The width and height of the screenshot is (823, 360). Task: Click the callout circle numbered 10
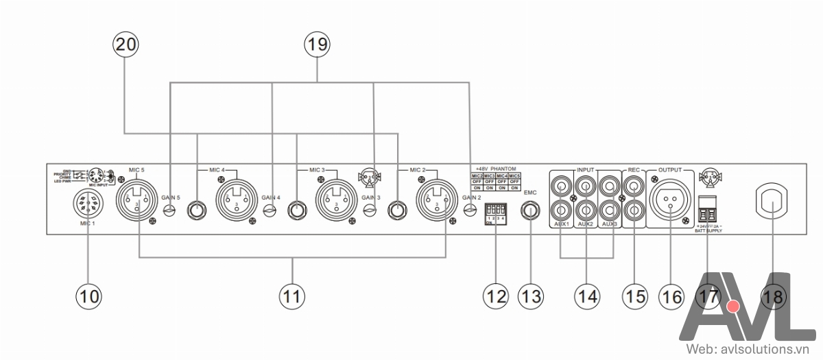(x=88, y=296)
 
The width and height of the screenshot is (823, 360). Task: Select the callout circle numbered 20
(x=125, y=45)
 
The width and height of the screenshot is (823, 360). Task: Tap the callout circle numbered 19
(x=317, y=45)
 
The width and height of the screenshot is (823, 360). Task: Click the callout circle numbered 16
(x=671, y=296)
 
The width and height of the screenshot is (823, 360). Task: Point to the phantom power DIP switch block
(x=495, y=212)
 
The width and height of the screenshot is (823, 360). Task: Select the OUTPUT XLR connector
(x=670, y=199)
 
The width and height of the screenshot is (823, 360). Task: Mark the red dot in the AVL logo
(x=735, y=305)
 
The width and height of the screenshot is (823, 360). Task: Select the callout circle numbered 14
(x=586, y=296)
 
